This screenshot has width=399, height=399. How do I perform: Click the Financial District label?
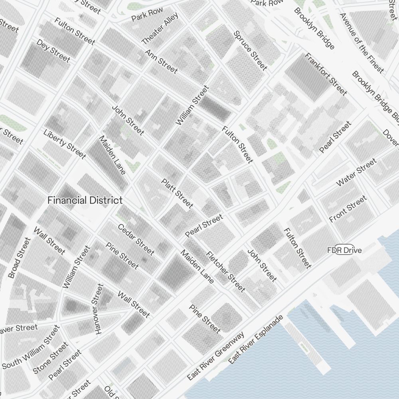pos(85,200)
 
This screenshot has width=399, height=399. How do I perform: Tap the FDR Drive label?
pos(344,250)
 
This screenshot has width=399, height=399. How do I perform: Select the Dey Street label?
pos(53,51)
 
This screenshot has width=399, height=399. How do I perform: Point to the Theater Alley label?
pos(160,28)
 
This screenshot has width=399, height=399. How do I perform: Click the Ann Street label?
pos(161,61)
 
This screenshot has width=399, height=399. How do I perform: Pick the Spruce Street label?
pos(250,51)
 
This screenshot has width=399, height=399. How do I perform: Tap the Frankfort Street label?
pos(326,74)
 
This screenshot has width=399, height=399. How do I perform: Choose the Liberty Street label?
pos(65,144)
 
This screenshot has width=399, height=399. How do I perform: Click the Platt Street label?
pos(177,193)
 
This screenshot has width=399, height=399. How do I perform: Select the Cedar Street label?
pos(136,239)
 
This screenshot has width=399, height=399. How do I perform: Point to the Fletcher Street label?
pos(225,271)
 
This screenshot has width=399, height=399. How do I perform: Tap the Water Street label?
pos(356,172)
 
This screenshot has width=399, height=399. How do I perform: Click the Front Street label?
pos(348,209)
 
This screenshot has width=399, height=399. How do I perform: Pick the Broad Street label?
pos(19,258)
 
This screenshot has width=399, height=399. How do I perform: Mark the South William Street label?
pos(30,348)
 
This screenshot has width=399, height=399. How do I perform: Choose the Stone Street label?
pos(50,358)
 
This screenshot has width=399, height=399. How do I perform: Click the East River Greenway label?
pos(215,356)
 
